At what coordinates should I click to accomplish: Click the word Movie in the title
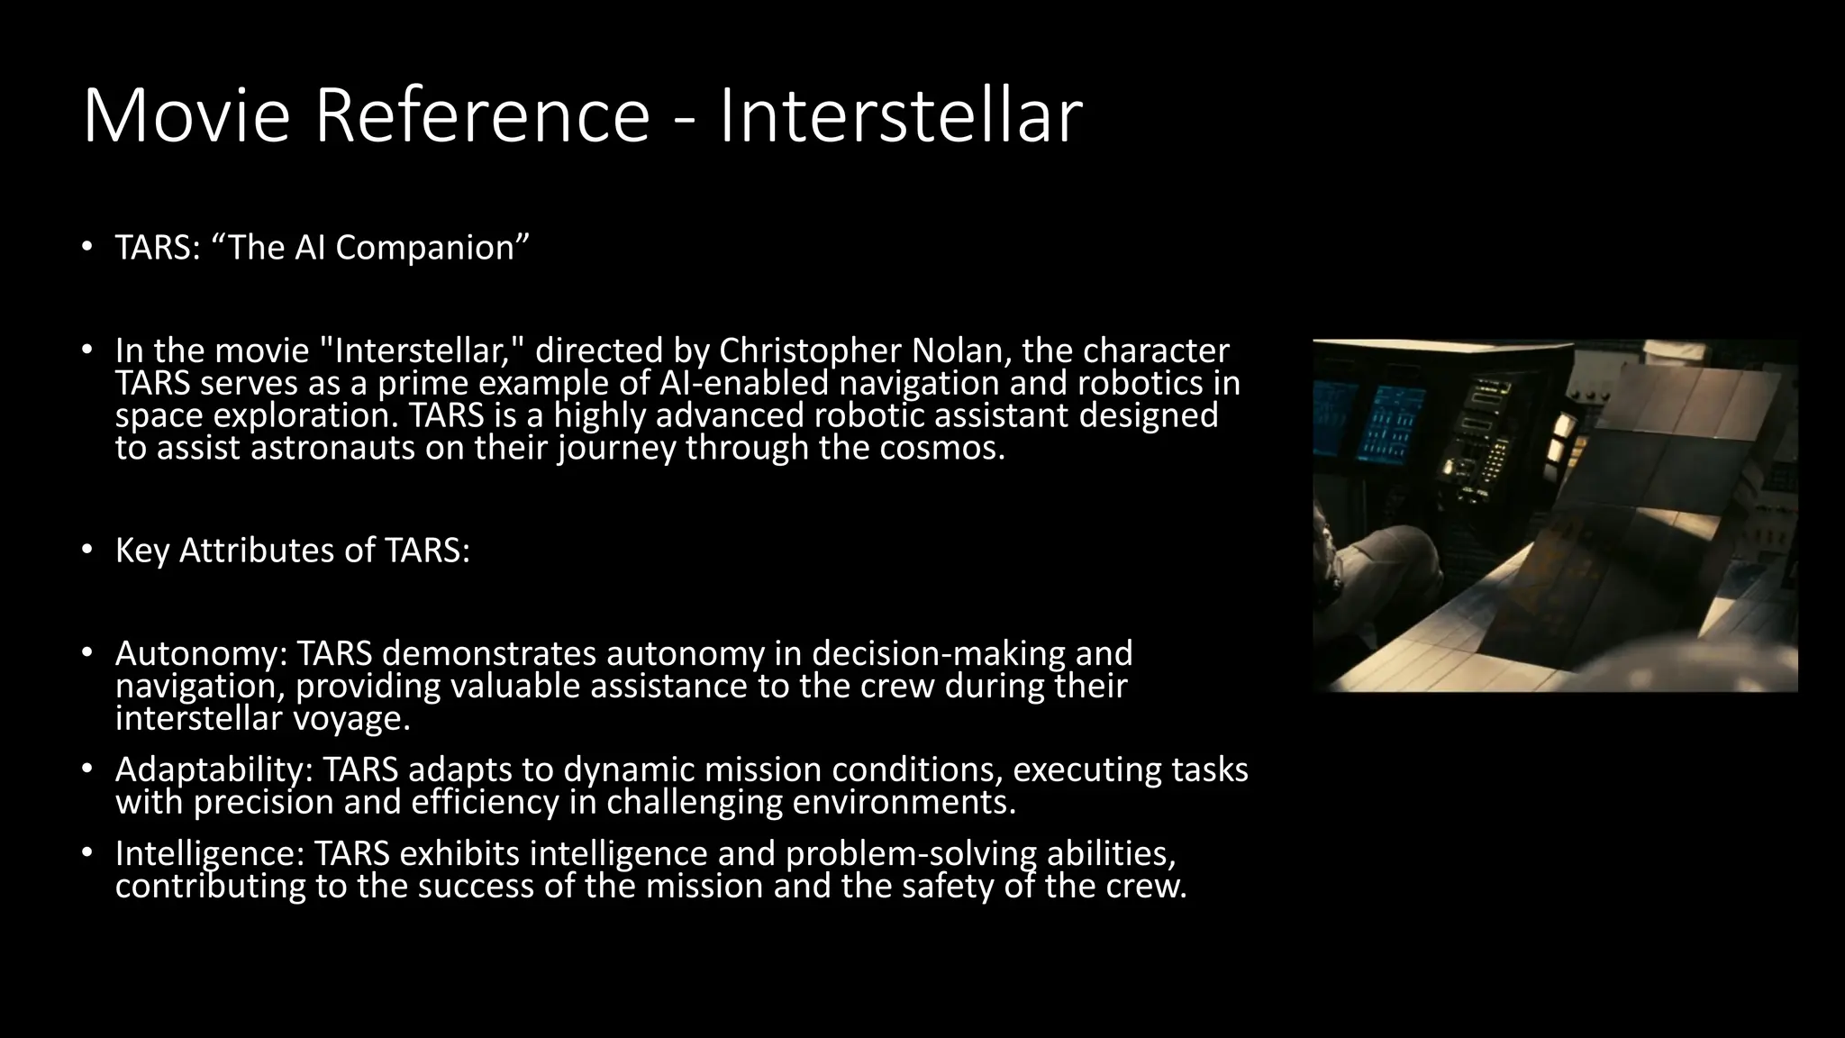pos(186,116)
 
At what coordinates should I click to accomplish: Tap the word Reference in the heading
pos(482,116)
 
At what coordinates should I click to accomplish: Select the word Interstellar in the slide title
pos(900,116)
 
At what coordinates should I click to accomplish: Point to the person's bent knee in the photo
pos(1387,559)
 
